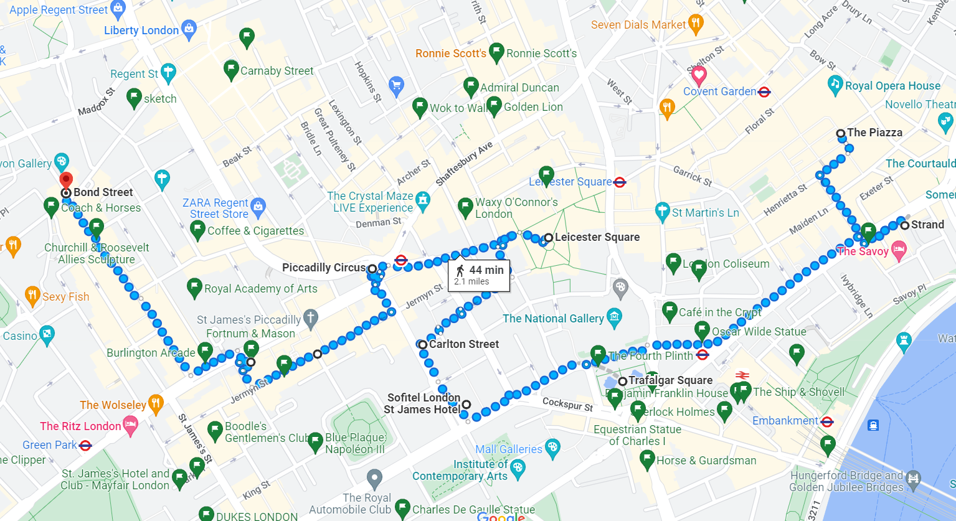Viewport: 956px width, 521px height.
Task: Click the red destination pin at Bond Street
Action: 65,180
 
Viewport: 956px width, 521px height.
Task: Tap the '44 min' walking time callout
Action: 479,275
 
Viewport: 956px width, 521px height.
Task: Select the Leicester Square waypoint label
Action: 597,237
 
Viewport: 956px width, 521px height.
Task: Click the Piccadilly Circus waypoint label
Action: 324,268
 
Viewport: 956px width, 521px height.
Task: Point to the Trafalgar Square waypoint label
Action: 670,380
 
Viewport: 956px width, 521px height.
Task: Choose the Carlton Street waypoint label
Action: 464,344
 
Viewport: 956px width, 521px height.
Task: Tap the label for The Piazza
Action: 874,133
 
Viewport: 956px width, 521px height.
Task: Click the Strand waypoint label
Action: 927,225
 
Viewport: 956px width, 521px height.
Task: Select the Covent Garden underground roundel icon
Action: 764,92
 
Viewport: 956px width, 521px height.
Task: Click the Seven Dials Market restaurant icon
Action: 696,24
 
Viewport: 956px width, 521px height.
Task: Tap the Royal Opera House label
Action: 892,86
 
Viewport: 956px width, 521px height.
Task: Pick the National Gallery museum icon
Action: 615,317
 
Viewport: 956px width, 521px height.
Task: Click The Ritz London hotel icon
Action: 130,426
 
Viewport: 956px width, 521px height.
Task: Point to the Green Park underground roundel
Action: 86,445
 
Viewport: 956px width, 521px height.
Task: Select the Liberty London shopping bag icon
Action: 189,29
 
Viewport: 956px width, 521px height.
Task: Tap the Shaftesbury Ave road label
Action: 464,164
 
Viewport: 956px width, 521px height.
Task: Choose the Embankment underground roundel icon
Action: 827,421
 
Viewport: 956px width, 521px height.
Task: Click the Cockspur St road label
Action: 567,404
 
